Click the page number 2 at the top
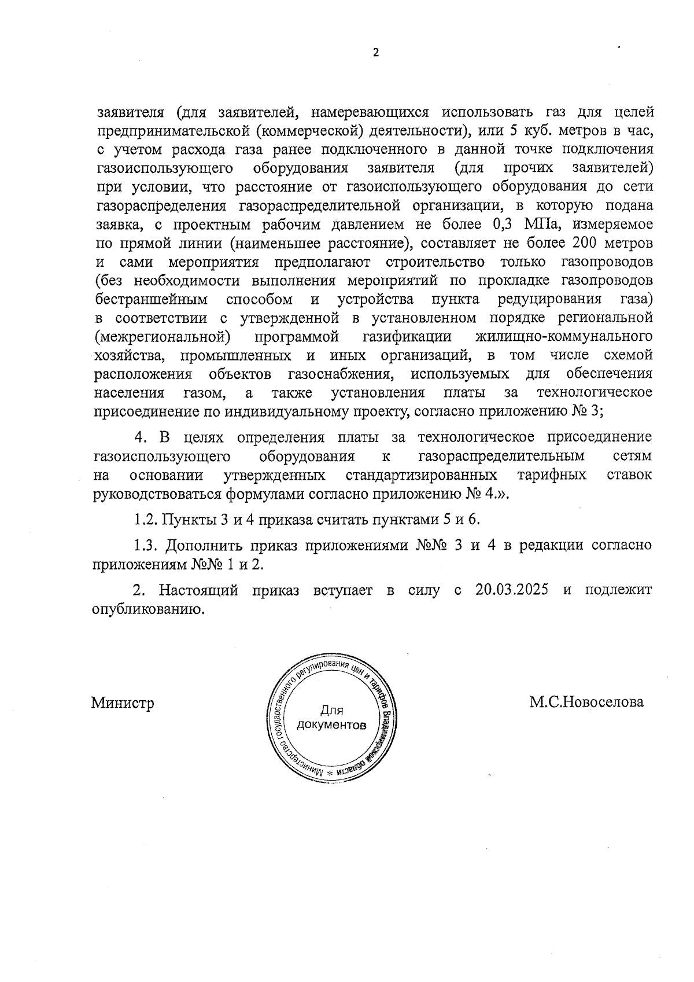(x=375, y=53)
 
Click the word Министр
(x=123, y=703)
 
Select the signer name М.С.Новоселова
(x=586, y=702)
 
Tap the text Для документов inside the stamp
(x=331, y=718)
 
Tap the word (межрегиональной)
(x=159, y=336)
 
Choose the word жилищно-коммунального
(x=563, y=336)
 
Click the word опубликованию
(x=149, y=609)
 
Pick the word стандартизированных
(x=421, y=475)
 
